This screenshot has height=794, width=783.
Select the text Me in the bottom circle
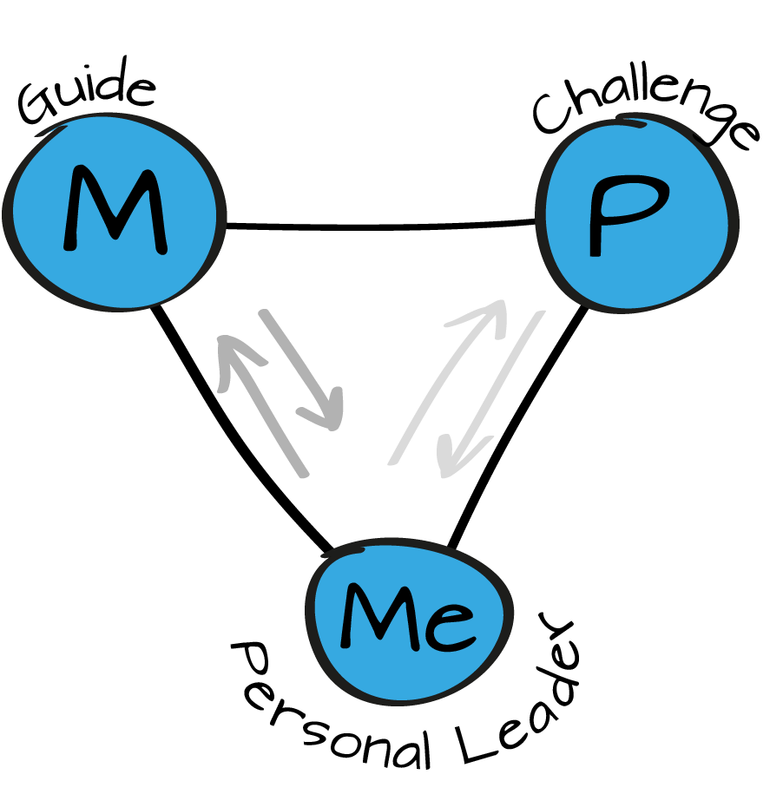[406, 618]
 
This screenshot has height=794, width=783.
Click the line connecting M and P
[382, 228]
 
